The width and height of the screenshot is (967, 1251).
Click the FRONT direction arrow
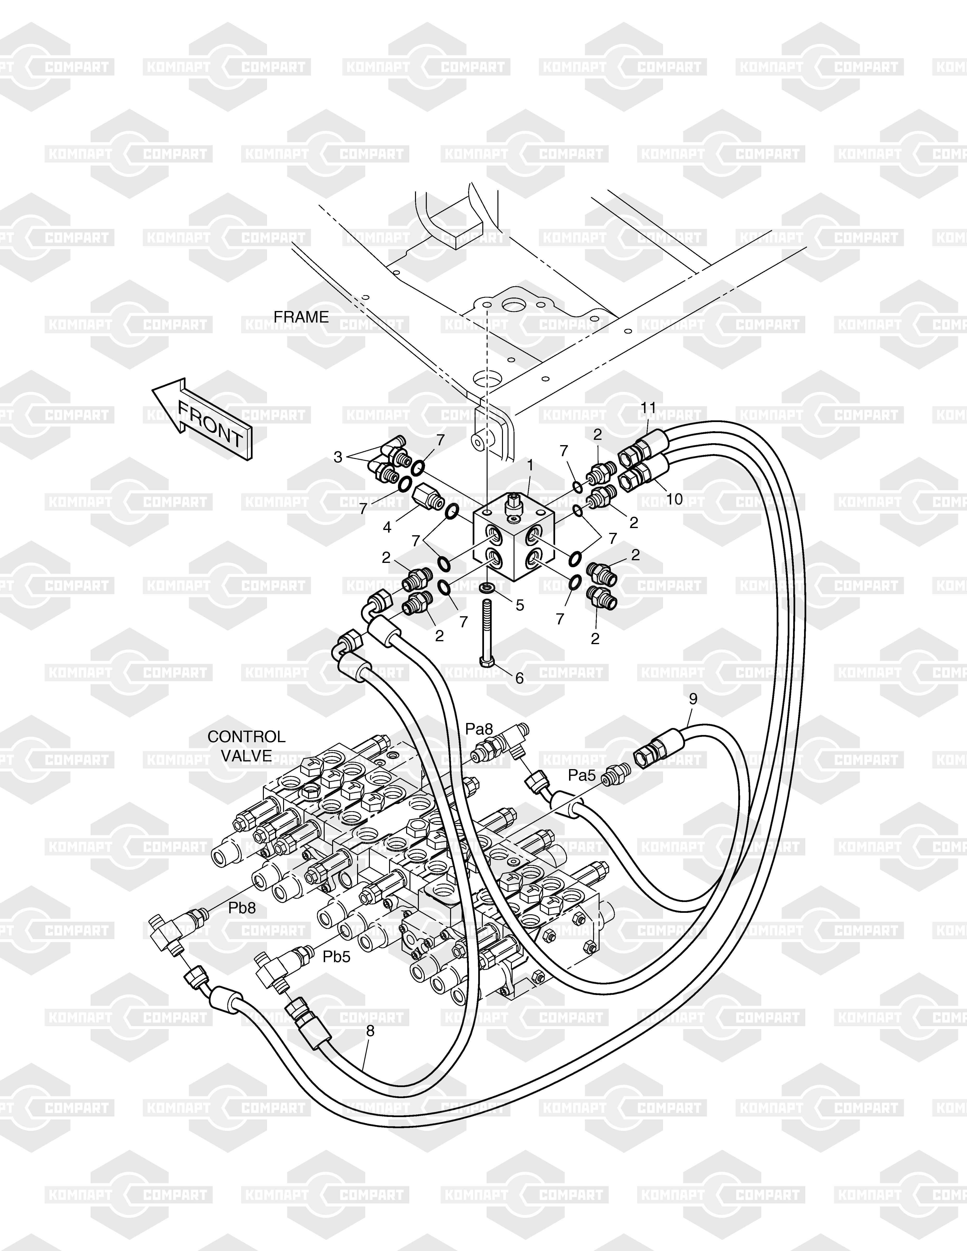[203, 419]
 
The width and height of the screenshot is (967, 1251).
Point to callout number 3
[338, 457]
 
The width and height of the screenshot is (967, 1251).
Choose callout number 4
[387, 527]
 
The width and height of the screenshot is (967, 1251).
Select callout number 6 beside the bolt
[520, 678]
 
